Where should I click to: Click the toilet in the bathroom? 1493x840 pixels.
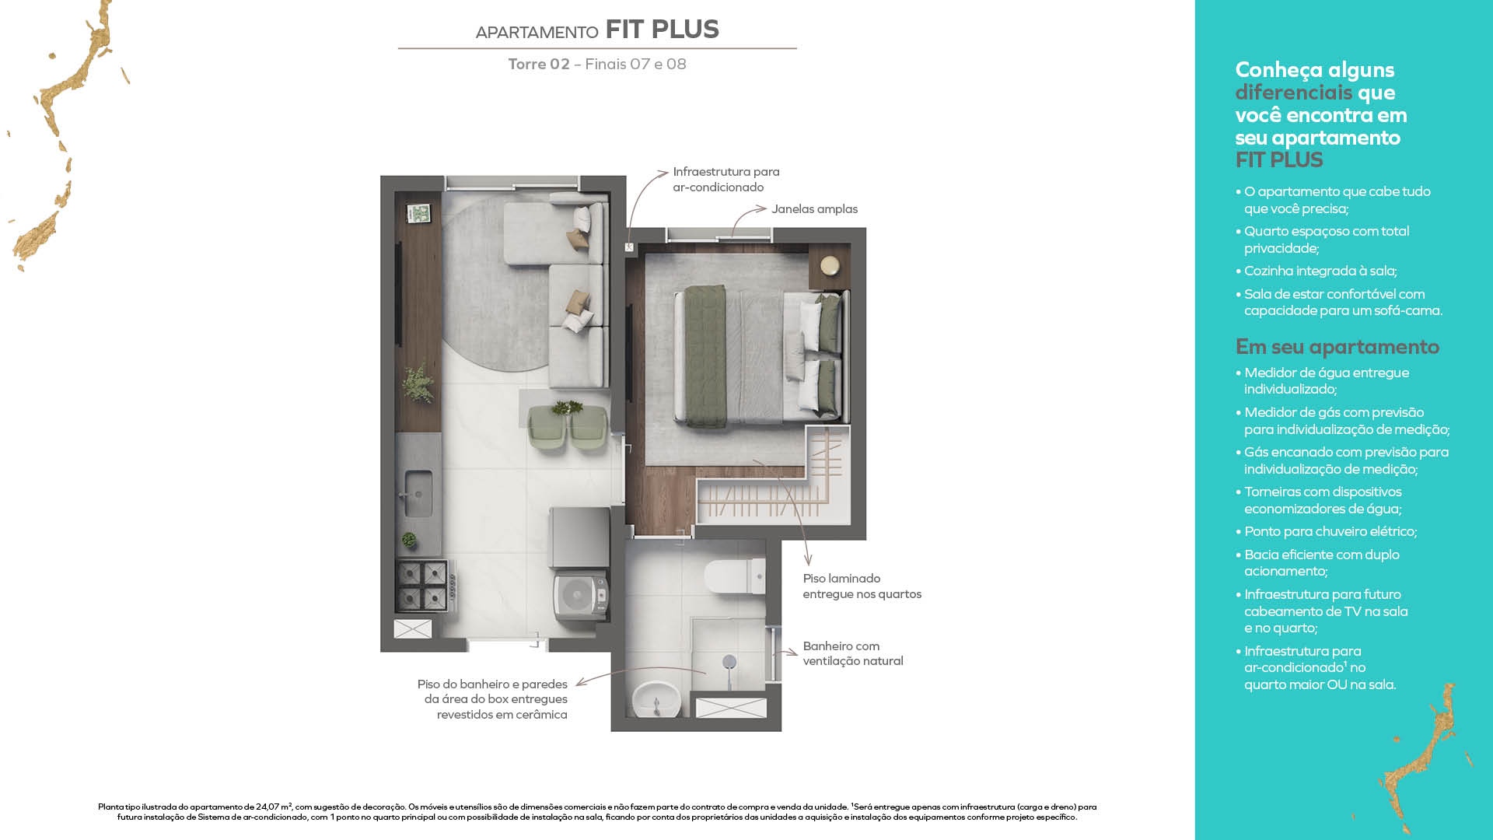(735, 576)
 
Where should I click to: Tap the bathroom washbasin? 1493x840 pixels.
(656, 699)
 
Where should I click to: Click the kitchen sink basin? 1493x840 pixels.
(418, 494)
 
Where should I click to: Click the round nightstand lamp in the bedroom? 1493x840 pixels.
(830, 265)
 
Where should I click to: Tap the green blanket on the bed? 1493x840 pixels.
(705, 355)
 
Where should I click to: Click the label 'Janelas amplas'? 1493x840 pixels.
(814, 209)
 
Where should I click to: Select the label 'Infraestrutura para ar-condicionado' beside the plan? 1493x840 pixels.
(726, 180)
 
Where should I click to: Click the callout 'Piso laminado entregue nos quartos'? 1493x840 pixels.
(862, 586)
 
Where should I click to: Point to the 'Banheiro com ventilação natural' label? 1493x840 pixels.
(853, 653)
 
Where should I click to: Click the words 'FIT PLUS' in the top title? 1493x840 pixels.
(662, 30)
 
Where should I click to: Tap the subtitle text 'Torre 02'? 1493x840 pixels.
(539, 65)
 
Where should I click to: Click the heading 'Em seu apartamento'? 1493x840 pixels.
(1337, 347)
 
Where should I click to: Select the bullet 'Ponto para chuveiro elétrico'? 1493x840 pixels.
(1330, 532)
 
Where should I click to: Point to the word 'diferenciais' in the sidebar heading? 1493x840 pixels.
(1294, 93)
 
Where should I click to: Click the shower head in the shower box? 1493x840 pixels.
(729, 662)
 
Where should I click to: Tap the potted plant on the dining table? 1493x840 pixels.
(567, 407)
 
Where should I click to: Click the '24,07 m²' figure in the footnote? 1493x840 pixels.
(274, 807)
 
